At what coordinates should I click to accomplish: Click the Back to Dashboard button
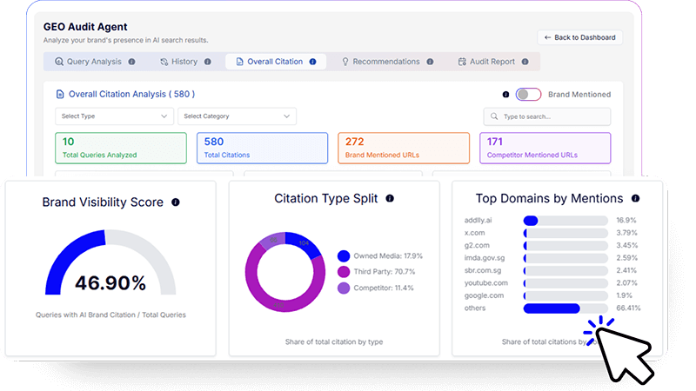click(x=579, y=37)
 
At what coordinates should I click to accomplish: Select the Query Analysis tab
click(x=94, y=62)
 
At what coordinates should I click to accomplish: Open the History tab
click(x=184, y=62)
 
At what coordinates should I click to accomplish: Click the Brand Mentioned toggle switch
click(x=528, y=94)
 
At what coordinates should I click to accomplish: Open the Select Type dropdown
click(x=114, y=116)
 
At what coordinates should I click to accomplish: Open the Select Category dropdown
click(x=237, y=116)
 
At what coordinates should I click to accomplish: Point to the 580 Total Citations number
click(x=214, y=141)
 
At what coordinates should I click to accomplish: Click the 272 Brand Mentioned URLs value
click(x=354, y=141)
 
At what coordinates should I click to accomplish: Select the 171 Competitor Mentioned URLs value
click(x=495, y=141)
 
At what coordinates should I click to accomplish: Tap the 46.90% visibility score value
click(x=110, y=282)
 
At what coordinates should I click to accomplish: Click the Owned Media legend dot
click(x=344, y=256)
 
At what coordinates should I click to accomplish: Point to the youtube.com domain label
click(x=486, y=283)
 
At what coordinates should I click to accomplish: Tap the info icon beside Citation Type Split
click(x=389, y=199)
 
